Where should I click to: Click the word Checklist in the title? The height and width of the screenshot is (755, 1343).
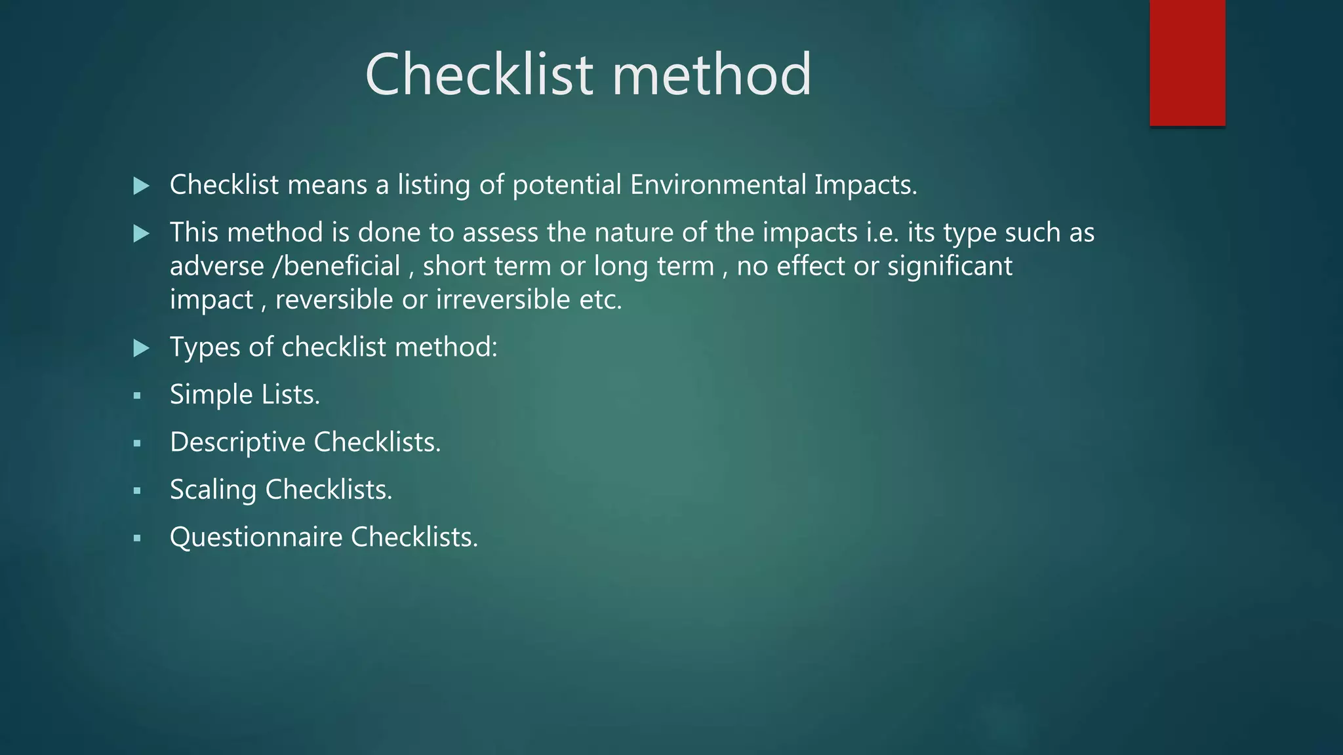click(x=479, y=75)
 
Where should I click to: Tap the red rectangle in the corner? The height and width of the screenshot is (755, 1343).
click(x=1187, y=63)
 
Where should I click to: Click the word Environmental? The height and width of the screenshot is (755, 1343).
click(x=718, y=185)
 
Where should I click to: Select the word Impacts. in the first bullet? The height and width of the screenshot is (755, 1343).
click(x=866, y=185)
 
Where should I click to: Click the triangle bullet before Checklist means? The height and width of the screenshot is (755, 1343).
click(x=141, y=186)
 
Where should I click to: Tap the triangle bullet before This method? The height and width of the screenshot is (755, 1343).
click(x=141, y=234)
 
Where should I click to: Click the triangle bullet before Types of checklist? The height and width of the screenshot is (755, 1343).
click(x=141, y=348)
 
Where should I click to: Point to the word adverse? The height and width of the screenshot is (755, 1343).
click(x=216, y=267)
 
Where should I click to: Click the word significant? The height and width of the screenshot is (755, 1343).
click(x=950, y=267)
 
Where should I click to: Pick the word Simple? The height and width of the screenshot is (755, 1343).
click(x=211, y=395)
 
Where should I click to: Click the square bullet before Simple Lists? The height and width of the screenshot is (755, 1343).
click(x=137, y=396)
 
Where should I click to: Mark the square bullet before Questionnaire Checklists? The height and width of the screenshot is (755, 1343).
click(x=137, y=539)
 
